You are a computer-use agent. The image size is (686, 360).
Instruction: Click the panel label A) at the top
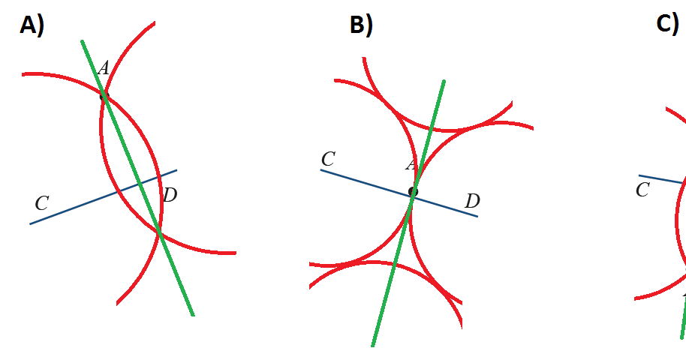coord(32,25)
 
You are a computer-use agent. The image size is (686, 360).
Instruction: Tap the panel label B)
coord(361,25)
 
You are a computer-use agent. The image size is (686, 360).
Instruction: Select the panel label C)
coord(667,23)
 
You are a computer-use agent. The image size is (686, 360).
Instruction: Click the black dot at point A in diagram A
coord(104,95)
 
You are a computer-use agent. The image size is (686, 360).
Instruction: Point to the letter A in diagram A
coord(104,69)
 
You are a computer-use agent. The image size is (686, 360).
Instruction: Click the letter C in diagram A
coord(42,203)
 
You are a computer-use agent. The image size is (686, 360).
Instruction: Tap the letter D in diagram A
coord(170,196)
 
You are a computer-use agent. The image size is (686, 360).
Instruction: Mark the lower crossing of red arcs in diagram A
coord(159,235)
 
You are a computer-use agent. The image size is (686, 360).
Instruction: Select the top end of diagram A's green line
coord(83,42)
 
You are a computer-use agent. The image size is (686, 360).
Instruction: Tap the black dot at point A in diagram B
coord(412,192)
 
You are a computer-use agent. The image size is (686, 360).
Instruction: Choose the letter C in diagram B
coord(327,159)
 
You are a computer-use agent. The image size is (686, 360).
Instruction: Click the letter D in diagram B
coord(472,201)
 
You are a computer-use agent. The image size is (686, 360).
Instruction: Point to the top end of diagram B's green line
coord(444,81)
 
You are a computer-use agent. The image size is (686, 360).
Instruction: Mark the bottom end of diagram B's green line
coord(373,345)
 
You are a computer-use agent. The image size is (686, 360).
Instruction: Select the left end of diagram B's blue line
coord(322,170)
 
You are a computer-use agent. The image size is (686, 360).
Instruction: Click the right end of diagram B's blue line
coord(477,216)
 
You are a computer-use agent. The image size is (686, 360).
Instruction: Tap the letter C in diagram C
coord(642,190)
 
